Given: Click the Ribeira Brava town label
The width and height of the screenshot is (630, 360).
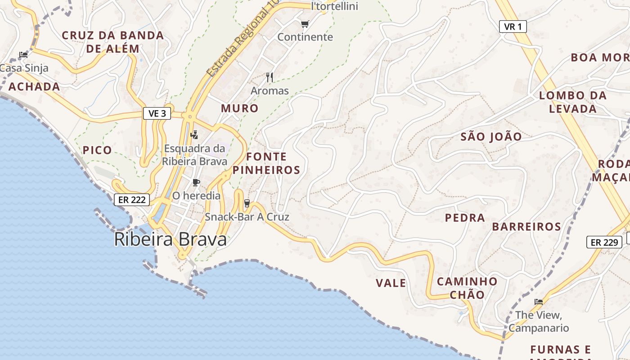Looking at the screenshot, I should point(170,239).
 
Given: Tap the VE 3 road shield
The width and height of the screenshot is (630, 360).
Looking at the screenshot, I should point(157,113).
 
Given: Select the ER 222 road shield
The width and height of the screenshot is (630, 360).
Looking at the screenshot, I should point(131,200).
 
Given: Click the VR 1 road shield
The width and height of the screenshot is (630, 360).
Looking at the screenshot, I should point(513,27).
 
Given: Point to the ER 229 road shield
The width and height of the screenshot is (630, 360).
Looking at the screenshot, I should point(604,242).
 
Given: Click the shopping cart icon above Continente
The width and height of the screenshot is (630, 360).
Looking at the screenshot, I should point(305,24).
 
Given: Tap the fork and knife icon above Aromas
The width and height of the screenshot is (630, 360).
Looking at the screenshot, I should point(270,77).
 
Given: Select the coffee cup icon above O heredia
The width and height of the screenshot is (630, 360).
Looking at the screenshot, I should point(196,182).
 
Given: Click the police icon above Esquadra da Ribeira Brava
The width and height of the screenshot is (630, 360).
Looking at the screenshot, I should point(194,134).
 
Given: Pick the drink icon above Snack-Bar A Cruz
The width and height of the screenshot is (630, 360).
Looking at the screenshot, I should point(247,203).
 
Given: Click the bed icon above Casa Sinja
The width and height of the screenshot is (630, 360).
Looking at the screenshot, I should point(23,55).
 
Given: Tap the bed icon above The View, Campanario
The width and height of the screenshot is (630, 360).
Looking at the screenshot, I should point(539,301).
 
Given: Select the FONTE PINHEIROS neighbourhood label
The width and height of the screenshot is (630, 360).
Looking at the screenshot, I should point(266,163).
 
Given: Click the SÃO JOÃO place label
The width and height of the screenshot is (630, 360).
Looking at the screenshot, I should point(491,137).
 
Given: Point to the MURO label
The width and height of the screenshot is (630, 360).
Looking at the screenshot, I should point(239,108).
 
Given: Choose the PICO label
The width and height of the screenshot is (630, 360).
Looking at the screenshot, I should point(97,150).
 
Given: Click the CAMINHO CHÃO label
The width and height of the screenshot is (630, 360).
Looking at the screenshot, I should point(467,288).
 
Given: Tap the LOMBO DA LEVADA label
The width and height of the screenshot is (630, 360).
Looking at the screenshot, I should point(573,102).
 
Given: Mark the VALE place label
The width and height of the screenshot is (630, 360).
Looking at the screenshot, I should point(391,283).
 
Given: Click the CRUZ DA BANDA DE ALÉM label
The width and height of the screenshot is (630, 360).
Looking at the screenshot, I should point(112,42).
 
